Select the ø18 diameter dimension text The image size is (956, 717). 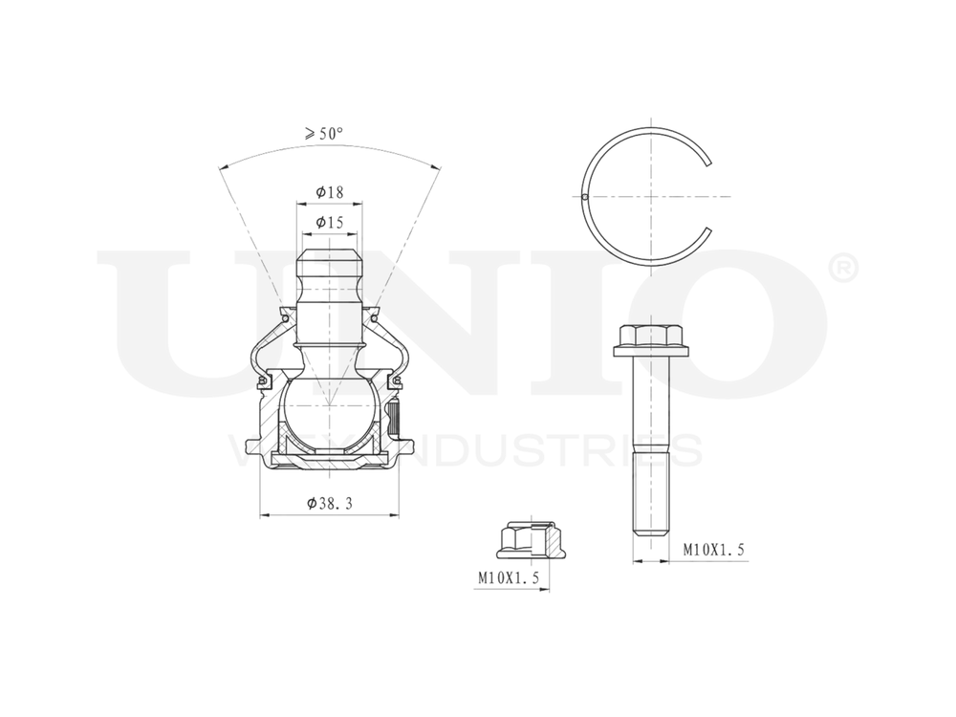click(330, 192)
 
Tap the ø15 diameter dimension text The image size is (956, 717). click(330, 223)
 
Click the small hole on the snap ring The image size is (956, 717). click(583, 198)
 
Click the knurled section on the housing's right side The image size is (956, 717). click(394, 417)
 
